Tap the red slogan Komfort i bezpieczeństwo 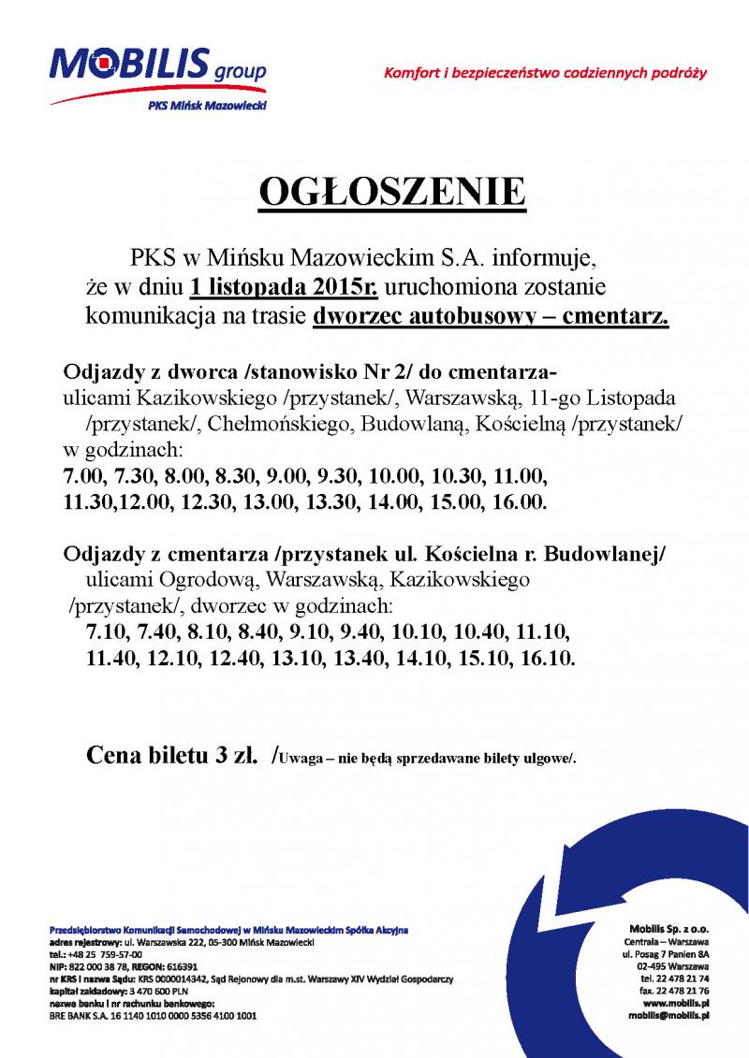pos(544,72)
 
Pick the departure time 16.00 pos(518,501)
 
